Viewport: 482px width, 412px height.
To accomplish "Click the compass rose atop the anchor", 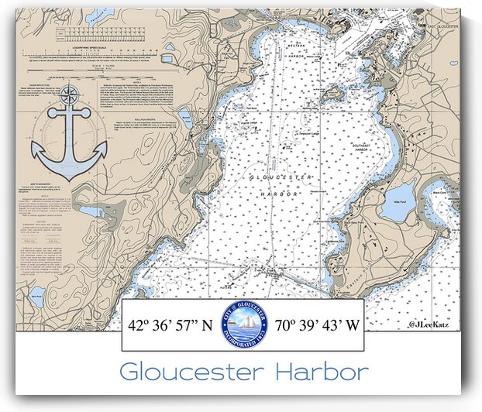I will tap(70, 95).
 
